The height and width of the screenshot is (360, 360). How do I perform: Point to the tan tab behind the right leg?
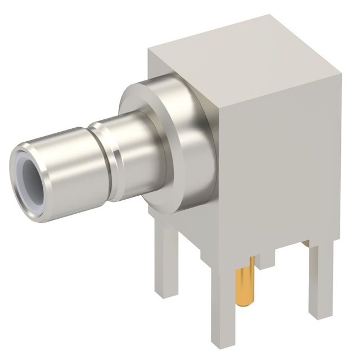coord(305,243)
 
